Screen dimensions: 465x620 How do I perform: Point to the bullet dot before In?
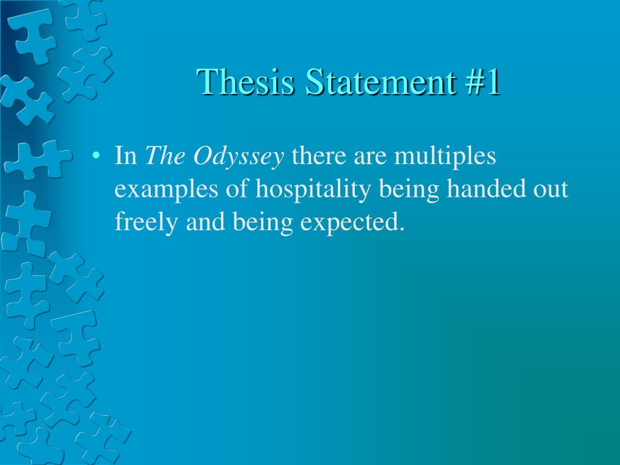[x=96, y=157]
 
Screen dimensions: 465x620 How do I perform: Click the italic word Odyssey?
[x=239, y=157]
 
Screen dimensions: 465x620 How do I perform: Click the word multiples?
[x=445, y=157]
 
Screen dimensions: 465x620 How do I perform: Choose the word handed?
[x=481, y=190]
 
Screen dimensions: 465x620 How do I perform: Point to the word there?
[x=318, y=157]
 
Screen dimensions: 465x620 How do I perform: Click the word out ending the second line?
[x=550, y=190]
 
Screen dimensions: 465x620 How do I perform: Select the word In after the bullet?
[x=126, y=156]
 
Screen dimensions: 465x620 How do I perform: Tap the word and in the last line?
[x=206, y=222]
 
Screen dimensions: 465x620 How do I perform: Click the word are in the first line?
[x=370, y=157]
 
